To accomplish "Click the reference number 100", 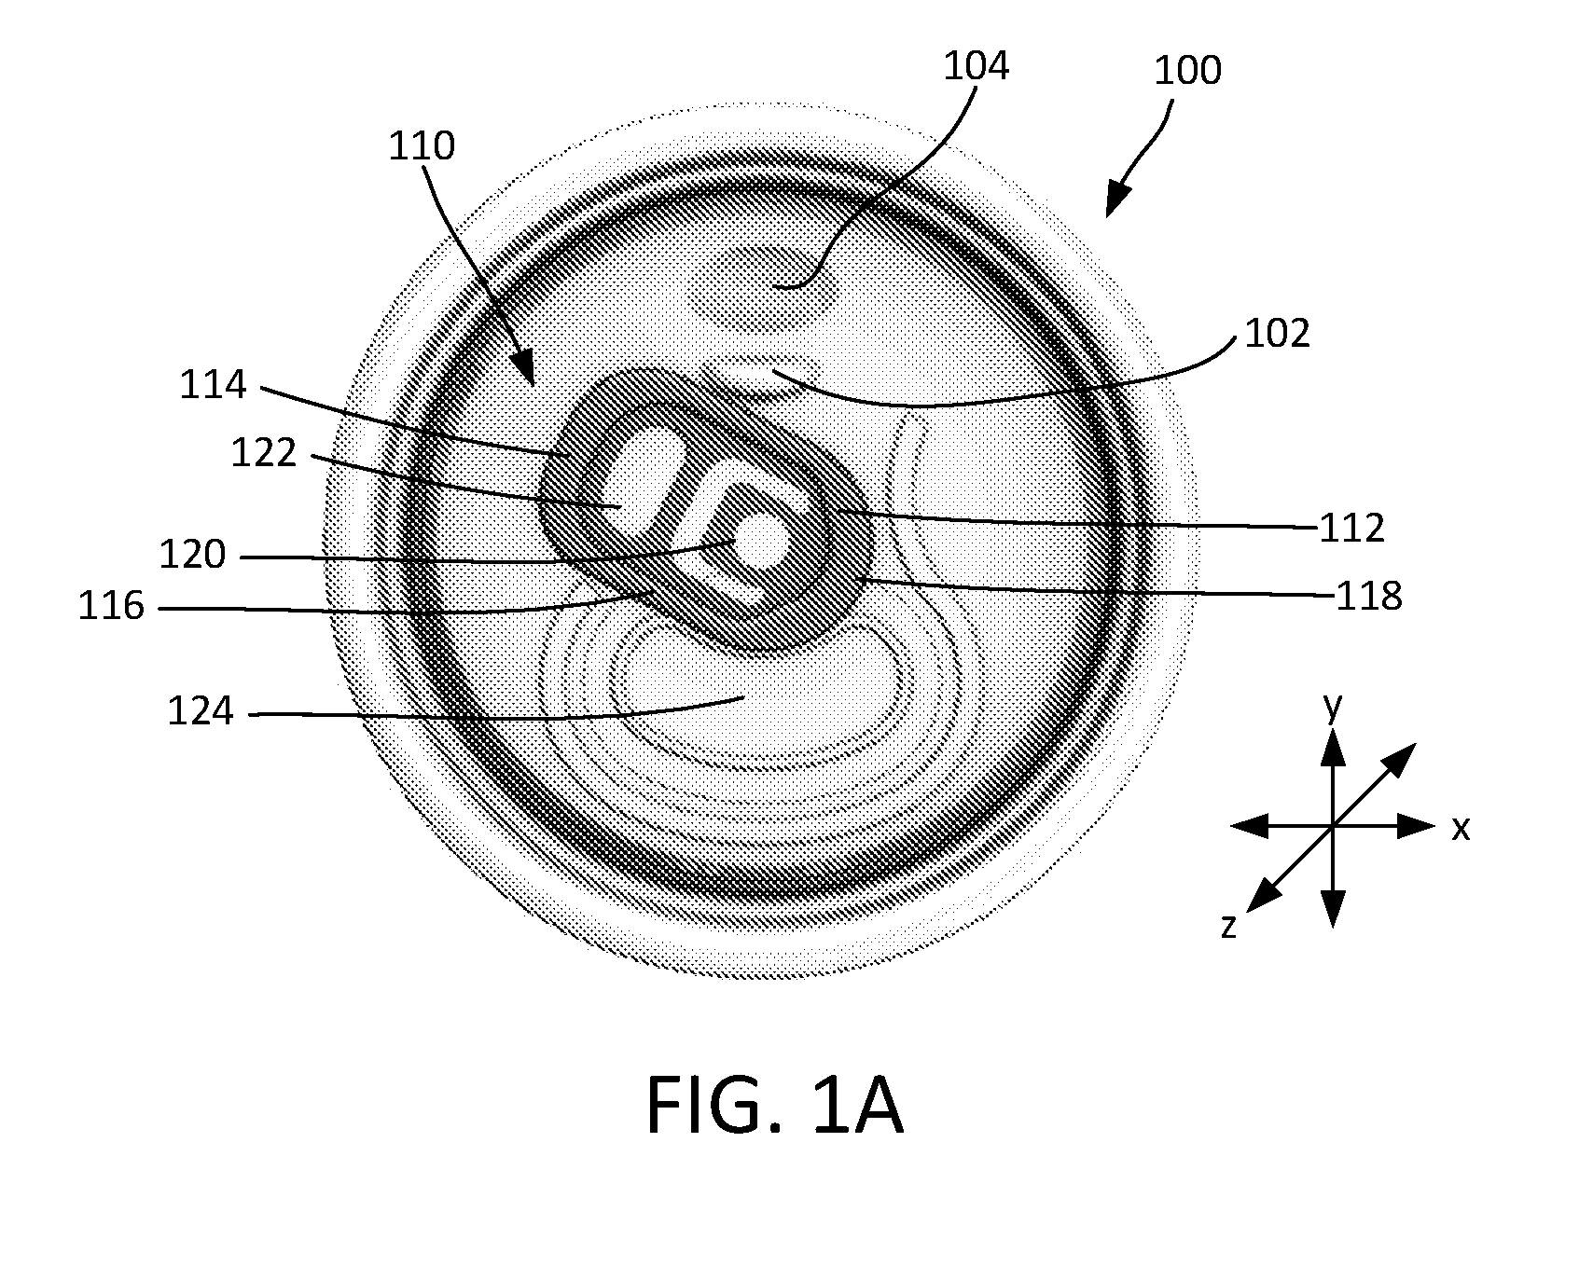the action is point(1187,70).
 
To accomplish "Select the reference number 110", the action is point(422,145).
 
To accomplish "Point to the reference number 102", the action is point(1278,333).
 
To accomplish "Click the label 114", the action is point(214,384).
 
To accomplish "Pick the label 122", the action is point(263,452).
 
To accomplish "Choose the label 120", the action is point(192,555).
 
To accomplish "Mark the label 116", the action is point(111,607).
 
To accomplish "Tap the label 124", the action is point(201,711).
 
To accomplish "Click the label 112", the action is point(1351,529).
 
